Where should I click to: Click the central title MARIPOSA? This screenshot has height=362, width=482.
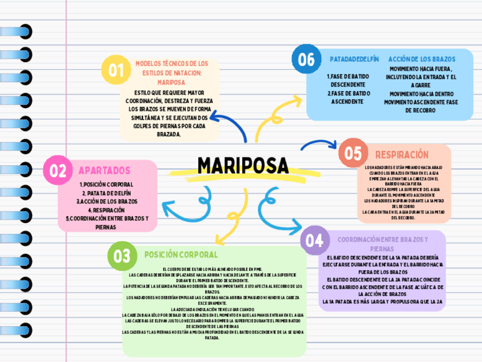coord(243,166)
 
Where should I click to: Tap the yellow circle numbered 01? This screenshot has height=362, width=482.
coord(117,70)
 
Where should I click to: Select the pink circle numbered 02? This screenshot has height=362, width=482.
coord(58,171)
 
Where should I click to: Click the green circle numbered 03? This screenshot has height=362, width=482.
coord(122,256)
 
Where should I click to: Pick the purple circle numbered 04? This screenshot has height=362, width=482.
coord(314,240)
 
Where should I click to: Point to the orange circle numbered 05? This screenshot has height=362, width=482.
coord(353,154)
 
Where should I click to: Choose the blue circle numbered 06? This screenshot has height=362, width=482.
coord(306,59)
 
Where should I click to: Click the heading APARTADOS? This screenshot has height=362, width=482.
coord(104,170)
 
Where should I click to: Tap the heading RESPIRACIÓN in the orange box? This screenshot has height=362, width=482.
coord(401,154)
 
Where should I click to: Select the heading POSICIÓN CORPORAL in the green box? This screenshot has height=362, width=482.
coord(181,254)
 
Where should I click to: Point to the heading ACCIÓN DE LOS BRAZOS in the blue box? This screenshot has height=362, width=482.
coord(422,59)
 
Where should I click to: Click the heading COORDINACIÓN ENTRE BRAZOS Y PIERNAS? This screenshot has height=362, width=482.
coord(383,244)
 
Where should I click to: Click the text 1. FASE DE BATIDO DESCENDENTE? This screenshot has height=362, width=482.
coord(348,80)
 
